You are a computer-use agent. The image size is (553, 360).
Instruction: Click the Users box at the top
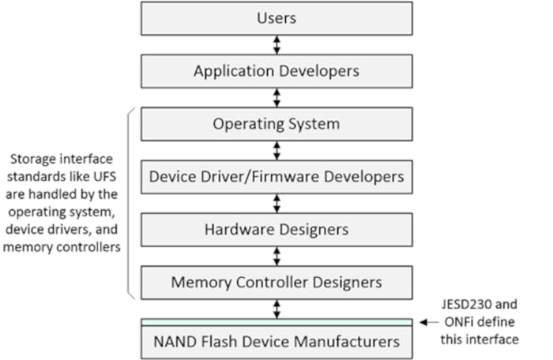click(x=276, y=17)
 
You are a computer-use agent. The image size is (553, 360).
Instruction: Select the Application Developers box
click(x=276, y=71)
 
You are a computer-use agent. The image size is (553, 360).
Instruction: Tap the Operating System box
click(x=276, y=124)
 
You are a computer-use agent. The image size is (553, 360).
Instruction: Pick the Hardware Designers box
click(x=276, y=230)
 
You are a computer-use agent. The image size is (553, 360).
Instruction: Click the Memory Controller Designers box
click(x=276, y=282)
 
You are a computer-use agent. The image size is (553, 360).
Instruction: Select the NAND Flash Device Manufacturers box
click(x=276, y=342)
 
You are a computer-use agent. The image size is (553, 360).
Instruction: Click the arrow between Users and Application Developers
click(x=276, y=44)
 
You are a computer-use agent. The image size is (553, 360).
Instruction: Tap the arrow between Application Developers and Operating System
click(x=276, y=97)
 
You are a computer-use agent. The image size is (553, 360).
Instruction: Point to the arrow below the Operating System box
click(x=276, y=150)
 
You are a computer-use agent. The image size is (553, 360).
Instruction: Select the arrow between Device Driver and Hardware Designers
click(x=276, y=203)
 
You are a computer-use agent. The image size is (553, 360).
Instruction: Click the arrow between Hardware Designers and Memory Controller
click(x=276, y=256)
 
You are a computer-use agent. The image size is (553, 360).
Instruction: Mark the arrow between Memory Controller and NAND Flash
click(x=276, y=309)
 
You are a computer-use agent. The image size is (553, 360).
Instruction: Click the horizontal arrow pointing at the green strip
click(x=429, y=322)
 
